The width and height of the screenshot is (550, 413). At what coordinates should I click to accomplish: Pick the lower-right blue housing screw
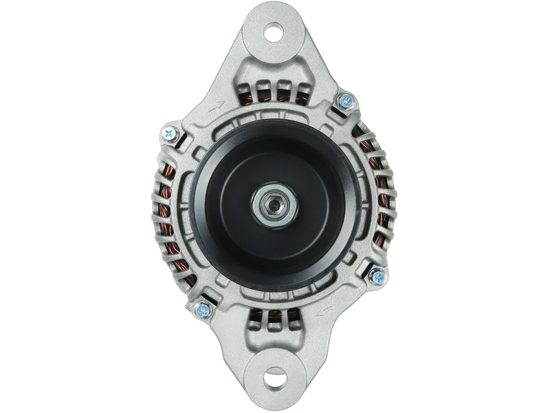tap(377, 277)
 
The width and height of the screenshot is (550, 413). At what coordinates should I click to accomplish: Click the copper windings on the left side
tap(167, 206)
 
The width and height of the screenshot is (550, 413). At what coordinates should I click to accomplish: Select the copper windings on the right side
tap(379, 200)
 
